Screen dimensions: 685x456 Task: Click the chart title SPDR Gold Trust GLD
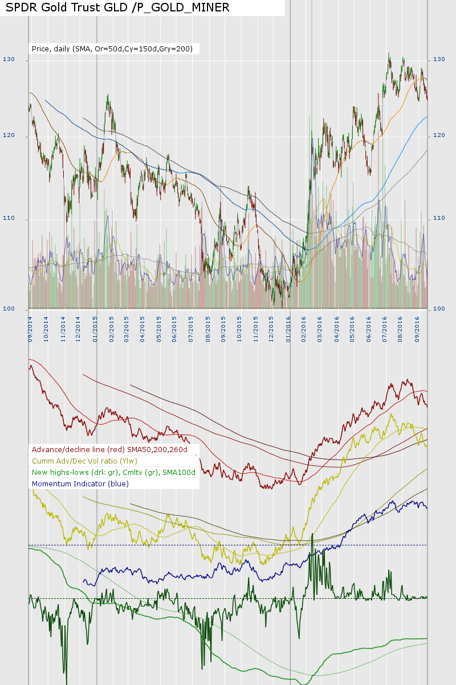coord(117,7)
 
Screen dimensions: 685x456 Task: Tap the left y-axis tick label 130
coord(9,59)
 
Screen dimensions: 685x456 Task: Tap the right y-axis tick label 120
coord(439,135)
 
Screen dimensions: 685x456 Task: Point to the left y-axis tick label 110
coord(9,219)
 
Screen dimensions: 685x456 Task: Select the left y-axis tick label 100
coord(9,309)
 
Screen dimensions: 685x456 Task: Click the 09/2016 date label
coord(418,329)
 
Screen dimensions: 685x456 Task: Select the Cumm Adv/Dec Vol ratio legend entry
coord(85,461)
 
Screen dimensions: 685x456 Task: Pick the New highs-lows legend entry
coord(114,472)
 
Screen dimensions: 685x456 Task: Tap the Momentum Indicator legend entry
coord(80,483)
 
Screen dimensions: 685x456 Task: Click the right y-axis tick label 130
coord(439,59)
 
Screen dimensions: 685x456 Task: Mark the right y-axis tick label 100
coord(439,309)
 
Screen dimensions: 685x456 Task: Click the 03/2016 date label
coord(320,329)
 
